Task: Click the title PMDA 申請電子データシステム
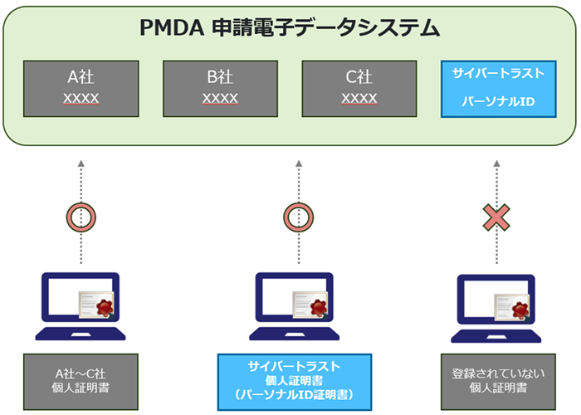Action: pos(290,28)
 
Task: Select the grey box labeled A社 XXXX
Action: pos(81,88)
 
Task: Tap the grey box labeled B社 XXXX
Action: pos(221,88)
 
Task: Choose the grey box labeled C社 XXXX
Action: pos(359,88)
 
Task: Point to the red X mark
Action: pos(496,217)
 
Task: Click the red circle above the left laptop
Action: pos(81,217)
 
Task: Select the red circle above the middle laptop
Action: pos(297,217)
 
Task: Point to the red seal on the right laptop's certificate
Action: pos(521,310)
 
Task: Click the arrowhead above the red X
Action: pos(496,162)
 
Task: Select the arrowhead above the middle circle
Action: pos(297,162)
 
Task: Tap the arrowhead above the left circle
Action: pos(81,162)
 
